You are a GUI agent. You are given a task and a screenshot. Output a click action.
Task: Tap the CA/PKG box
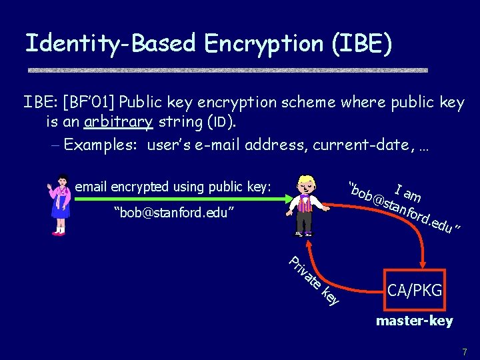[x=415, y=291]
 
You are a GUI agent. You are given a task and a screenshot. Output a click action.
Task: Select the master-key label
[x=414, y=321]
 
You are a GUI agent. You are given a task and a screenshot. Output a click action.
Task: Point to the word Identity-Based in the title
[x=110, y=43]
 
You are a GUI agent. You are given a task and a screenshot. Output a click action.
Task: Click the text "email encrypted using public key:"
[x=173, y=187]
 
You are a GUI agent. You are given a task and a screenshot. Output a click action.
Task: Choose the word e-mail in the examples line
[x=238, y=145]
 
